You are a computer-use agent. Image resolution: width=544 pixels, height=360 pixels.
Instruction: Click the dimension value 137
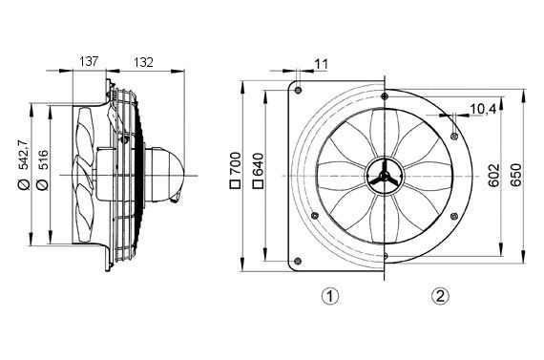(87, 60)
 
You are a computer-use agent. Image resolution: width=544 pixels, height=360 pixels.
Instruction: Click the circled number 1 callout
(328, 295)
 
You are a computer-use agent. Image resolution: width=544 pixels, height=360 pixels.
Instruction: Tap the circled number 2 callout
(440, 295)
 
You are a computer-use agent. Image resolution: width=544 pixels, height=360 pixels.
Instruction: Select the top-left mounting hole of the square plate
(299, 91)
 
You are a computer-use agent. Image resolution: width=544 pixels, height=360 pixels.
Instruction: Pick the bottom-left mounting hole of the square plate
(299, 262)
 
